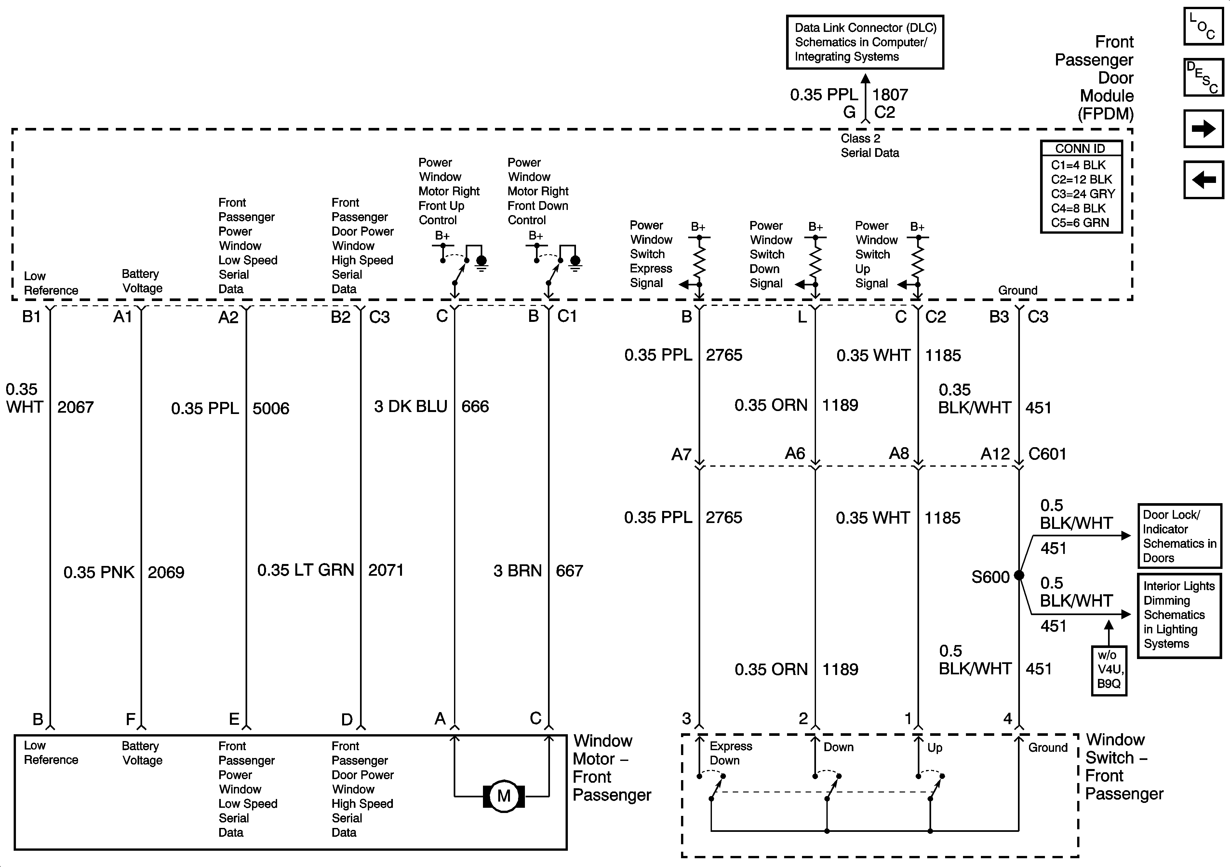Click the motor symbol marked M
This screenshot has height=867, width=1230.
tap(503, 796)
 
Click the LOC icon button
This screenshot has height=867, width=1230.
tap(1203, 26)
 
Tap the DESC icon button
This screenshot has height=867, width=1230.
tap(1203, 77)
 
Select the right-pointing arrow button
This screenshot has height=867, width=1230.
tap(1203, 129)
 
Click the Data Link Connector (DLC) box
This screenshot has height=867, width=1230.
tap(865, 42)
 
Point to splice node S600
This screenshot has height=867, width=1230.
tap(1019, 575)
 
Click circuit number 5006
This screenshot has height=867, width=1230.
tap(271, 408)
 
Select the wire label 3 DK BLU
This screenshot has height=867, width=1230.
tap(410, 406)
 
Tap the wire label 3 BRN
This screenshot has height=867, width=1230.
tap(517, 571)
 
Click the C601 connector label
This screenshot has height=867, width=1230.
tap(1047, 454)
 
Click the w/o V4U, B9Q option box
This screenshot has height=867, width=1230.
tap(1109, 670)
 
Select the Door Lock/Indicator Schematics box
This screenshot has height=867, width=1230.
tap(1179, 536)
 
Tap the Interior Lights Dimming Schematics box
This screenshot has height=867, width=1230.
tap(1179, 615)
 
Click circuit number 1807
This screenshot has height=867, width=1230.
tap(890, 95)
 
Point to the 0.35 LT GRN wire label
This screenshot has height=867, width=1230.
tap(305, 570)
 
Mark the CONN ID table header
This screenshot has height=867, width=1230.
tap(1080, 148)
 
